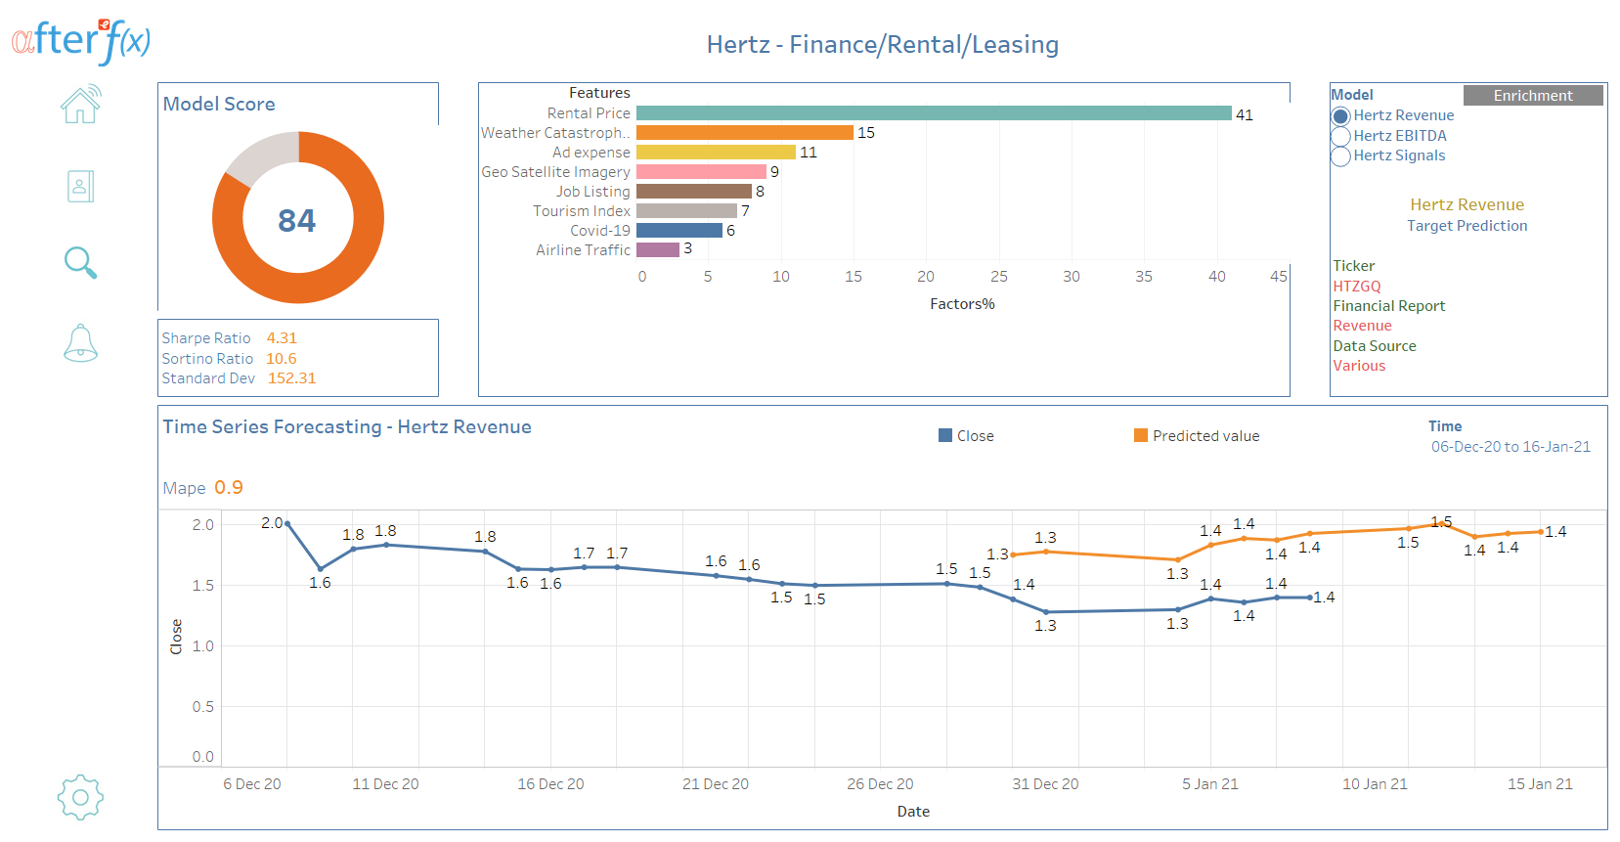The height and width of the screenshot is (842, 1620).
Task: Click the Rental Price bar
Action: [x=934, y=113]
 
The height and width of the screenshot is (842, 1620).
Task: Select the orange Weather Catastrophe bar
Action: [x=744, y=133]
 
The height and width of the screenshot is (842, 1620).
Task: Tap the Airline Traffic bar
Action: [x=657, y=250]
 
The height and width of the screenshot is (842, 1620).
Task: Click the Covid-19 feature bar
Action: [x=679, y=231]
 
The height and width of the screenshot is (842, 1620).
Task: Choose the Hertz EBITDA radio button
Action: [x=1341, y=136]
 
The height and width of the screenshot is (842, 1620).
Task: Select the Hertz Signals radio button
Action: [x=1341, y=156]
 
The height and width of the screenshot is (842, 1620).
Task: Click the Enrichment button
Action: [x=1532, y=95]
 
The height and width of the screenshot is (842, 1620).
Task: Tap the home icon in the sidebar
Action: [x=81, y=105]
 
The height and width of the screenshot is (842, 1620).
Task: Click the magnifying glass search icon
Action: [x=80, y=263]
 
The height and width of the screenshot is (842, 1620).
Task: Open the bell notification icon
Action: [x=80, y=343]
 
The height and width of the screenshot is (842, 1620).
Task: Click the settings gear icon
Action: [x=80, y=797]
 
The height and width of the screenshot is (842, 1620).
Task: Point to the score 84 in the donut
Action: [x=297, y=220]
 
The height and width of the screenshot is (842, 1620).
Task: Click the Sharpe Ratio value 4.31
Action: [x=282, y=338]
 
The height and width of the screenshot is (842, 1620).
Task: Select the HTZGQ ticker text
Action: [x=1357, y=287]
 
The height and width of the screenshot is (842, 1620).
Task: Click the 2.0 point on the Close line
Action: [x=287, y=524]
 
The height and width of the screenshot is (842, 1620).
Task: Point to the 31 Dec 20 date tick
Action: [x=1045, y=784]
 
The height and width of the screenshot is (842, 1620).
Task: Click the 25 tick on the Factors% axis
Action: [x=998, y=277]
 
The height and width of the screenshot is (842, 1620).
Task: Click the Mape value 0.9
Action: [x=229, y=487]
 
